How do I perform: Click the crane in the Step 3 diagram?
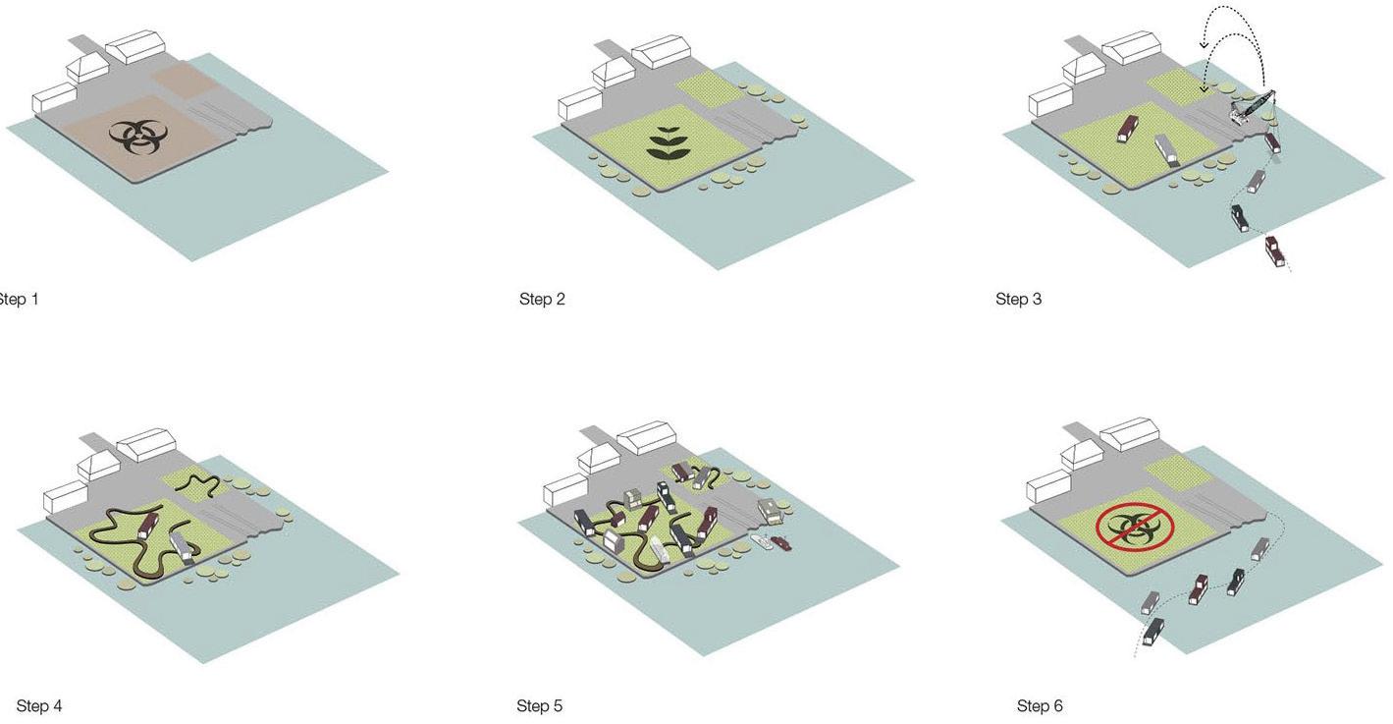[x=1254, y=105]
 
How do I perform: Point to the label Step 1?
[x=18, y=299]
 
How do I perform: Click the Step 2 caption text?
[x=542, y=299]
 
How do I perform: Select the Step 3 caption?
[x=1018, y=299]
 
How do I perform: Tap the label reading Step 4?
[x=39, y=705]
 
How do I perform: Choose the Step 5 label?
[x=539, y=705]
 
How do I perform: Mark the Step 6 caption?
[x=1040, y=705]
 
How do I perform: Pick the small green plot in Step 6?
[x=1178, y=473]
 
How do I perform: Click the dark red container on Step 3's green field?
[x=1129, y=128]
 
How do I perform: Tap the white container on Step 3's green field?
[x=1167, y=150]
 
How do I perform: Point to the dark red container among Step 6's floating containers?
[x=1199, y=588]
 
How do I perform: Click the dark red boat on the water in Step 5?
[x=780, y=542]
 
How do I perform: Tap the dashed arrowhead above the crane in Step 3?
[x=1205, y=42]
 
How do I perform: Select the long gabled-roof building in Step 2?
[x=659, y=52]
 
